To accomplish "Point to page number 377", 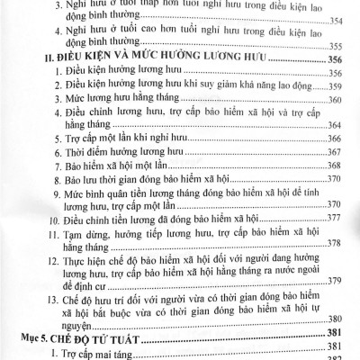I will pyautogui.click(x=335, y=220).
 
